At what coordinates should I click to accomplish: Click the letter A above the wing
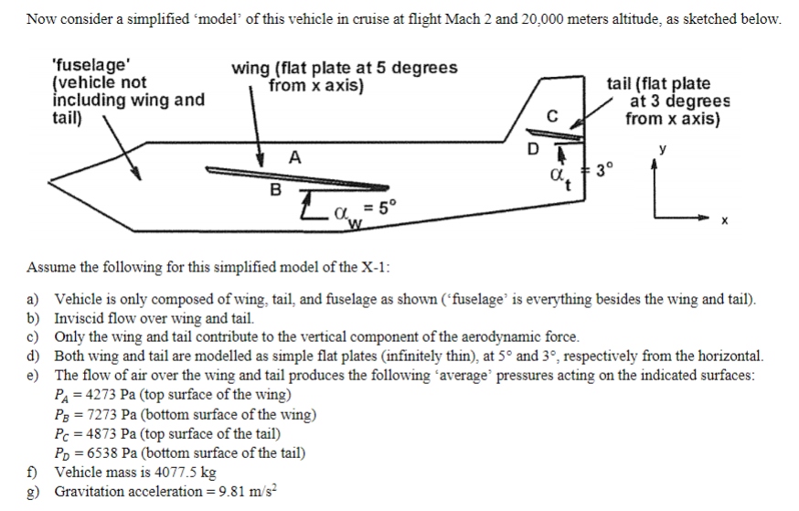(x=295, y=157)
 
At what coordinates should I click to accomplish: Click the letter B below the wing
(x=275, y=189)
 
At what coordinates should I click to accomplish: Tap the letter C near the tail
(x=552, y=116)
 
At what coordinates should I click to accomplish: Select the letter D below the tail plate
(x=533, y=149)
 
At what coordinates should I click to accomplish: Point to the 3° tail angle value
(x=605, y=170)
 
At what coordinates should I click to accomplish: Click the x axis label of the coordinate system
(x=725, y=220)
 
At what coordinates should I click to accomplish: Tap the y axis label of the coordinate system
(x=663, y=149)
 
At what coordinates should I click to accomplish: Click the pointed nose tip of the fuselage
(x=49, y=181)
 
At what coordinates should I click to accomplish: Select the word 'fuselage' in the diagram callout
(x=91, y=65)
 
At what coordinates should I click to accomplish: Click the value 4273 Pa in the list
(x=103, y=395)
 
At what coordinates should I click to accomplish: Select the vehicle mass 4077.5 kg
(x=186, y=473)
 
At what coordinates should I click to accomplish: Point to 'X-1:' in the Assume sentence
(x=376, y=267)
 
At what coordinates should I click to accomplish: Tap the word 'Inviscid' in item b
(x=78, y=318)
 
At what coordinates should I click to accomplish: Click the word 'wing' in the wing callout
(x=251, y=69)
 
